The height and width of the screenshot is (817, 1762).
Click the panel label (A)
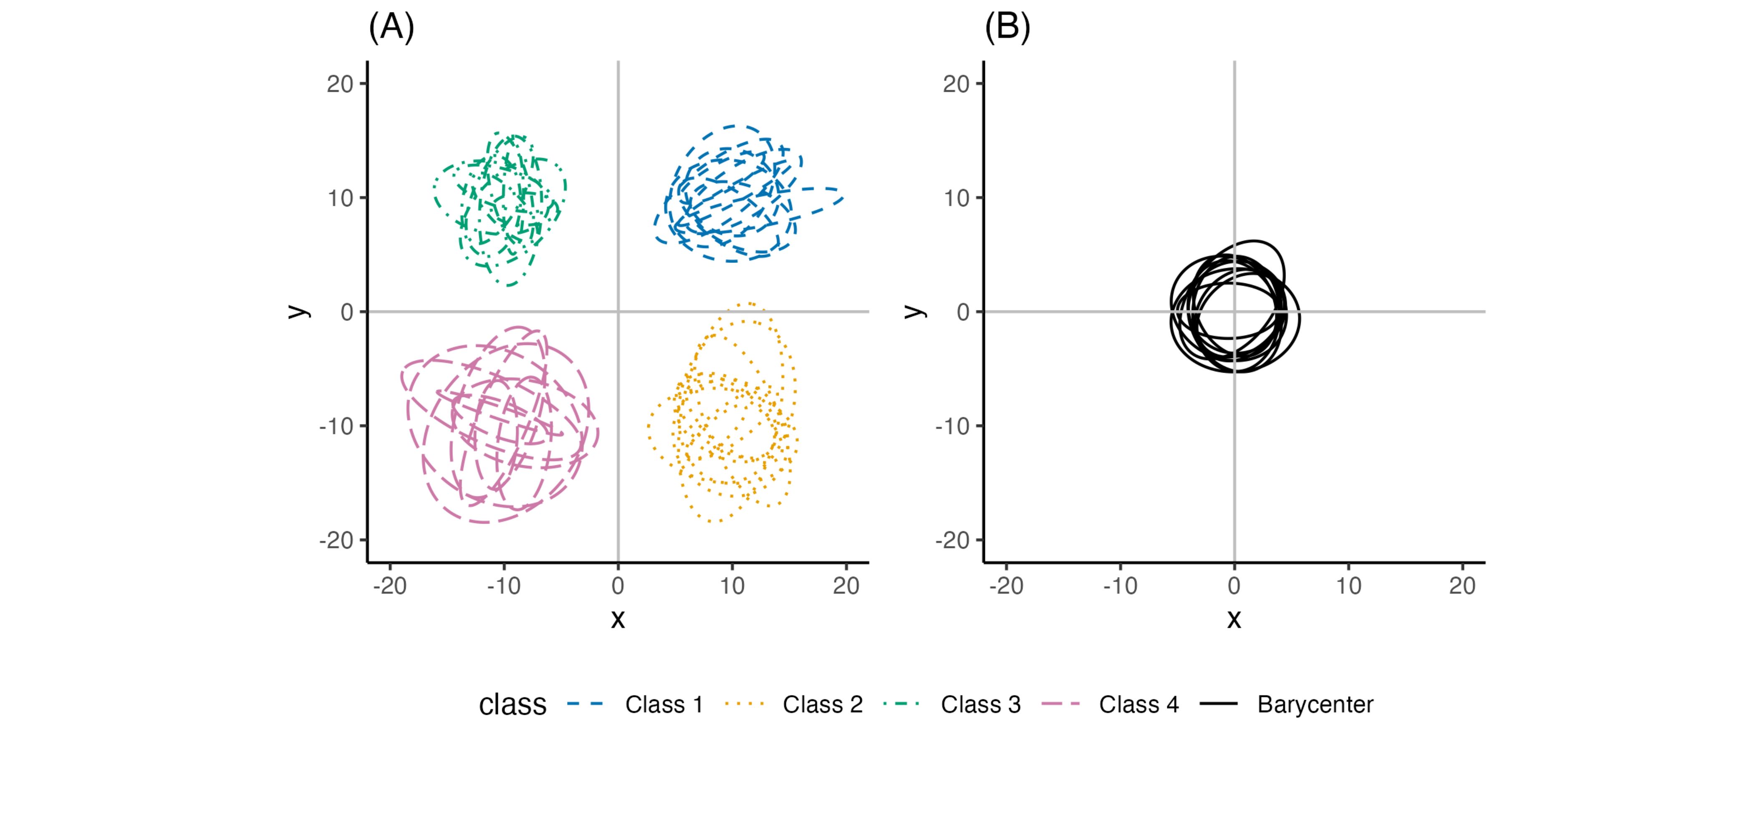click(x=391, y=28)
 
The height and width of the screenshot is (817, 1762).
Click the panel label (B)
click(x=1007, y=28)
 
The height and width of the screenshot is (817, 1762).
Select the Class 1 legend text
click(x=664, y=704)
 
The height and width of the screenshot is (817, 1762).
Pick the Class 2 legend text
click(x=822, y=704)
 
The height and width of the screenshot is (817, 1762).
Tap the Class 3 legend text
click(x=980, y=704)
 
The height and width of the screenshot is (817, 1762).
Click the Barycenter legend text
click(x=1315, y=704)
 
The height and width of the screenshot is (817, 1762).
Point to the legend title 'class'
click(x=512, y=704)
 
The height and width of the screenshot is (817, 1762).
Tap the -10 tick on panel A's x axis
click(x=504, y=586)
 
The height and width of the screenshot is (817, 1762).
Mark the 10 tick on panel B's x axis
click(x=1348, y=586)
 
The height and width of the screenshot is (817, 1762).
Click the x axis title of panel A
click(x=618, y=619)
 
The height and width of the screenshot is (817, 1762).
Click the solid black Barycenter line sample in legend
click(x=1218, y=704)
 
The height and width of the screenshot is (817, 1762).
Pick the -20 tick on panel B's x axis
click(x=1006, y=586)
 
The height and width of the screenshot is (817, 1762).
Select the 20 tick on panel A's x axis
click(x=846, y=586)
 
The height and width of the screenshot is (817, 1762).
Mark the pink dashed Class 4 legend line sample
click(x=1060, y=704)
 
